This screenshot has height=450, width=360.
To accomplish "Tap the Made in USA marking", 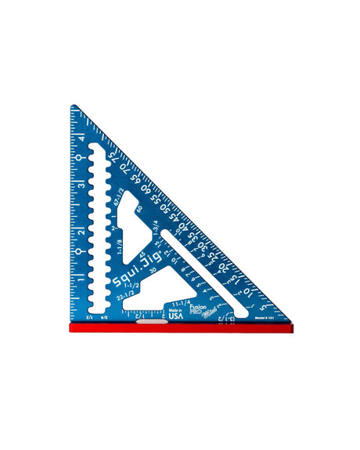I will click(175, 313).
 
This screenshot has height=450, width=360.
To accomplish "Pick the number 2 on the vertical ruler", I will click(81, 232).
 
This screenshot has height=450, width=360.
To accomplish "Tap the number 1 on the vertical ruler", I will click(81, 279).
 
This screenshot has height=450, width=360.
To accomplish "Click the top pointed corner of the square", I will click(72, 106).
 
